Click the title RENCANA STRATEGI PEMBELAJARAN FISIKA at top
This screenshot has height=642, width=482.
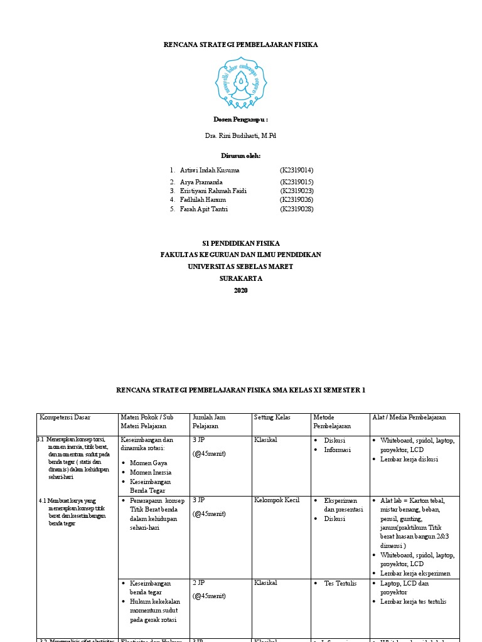pos(241,45)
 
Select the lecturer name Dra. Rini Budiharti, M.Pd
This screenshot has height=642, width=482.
pos(240,136)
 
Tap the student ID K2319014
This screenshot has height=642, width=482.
pos(297,170)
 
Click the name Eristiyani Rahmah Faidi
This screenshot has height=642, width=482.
pos(213,191)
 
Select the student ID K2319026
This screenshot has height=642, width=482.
pos(297,199)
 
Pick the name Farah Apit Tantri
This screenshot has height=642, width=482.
pos(203,209)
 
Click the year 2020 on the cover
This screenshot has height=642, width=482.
pos(241,290)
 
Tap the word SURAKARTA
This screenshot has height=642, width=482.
pos(241,278)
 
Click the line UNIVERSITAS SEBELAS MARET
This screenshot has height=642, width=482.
pos(241,266)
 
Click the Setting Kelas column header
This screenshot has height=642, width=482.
pos(272,418)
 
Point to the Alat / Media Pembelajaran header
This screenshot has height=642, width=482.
pos(409,418)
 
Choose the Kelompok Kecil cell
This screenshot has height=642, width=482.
pos(277,500)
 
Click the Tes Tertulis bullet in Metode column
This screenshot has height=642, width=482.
pos(340,583)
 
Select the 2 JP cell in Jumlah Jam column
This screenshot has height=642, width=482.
pos(199,583)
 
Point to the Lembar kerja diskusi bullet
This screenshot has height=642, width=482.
pos(409,459)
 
